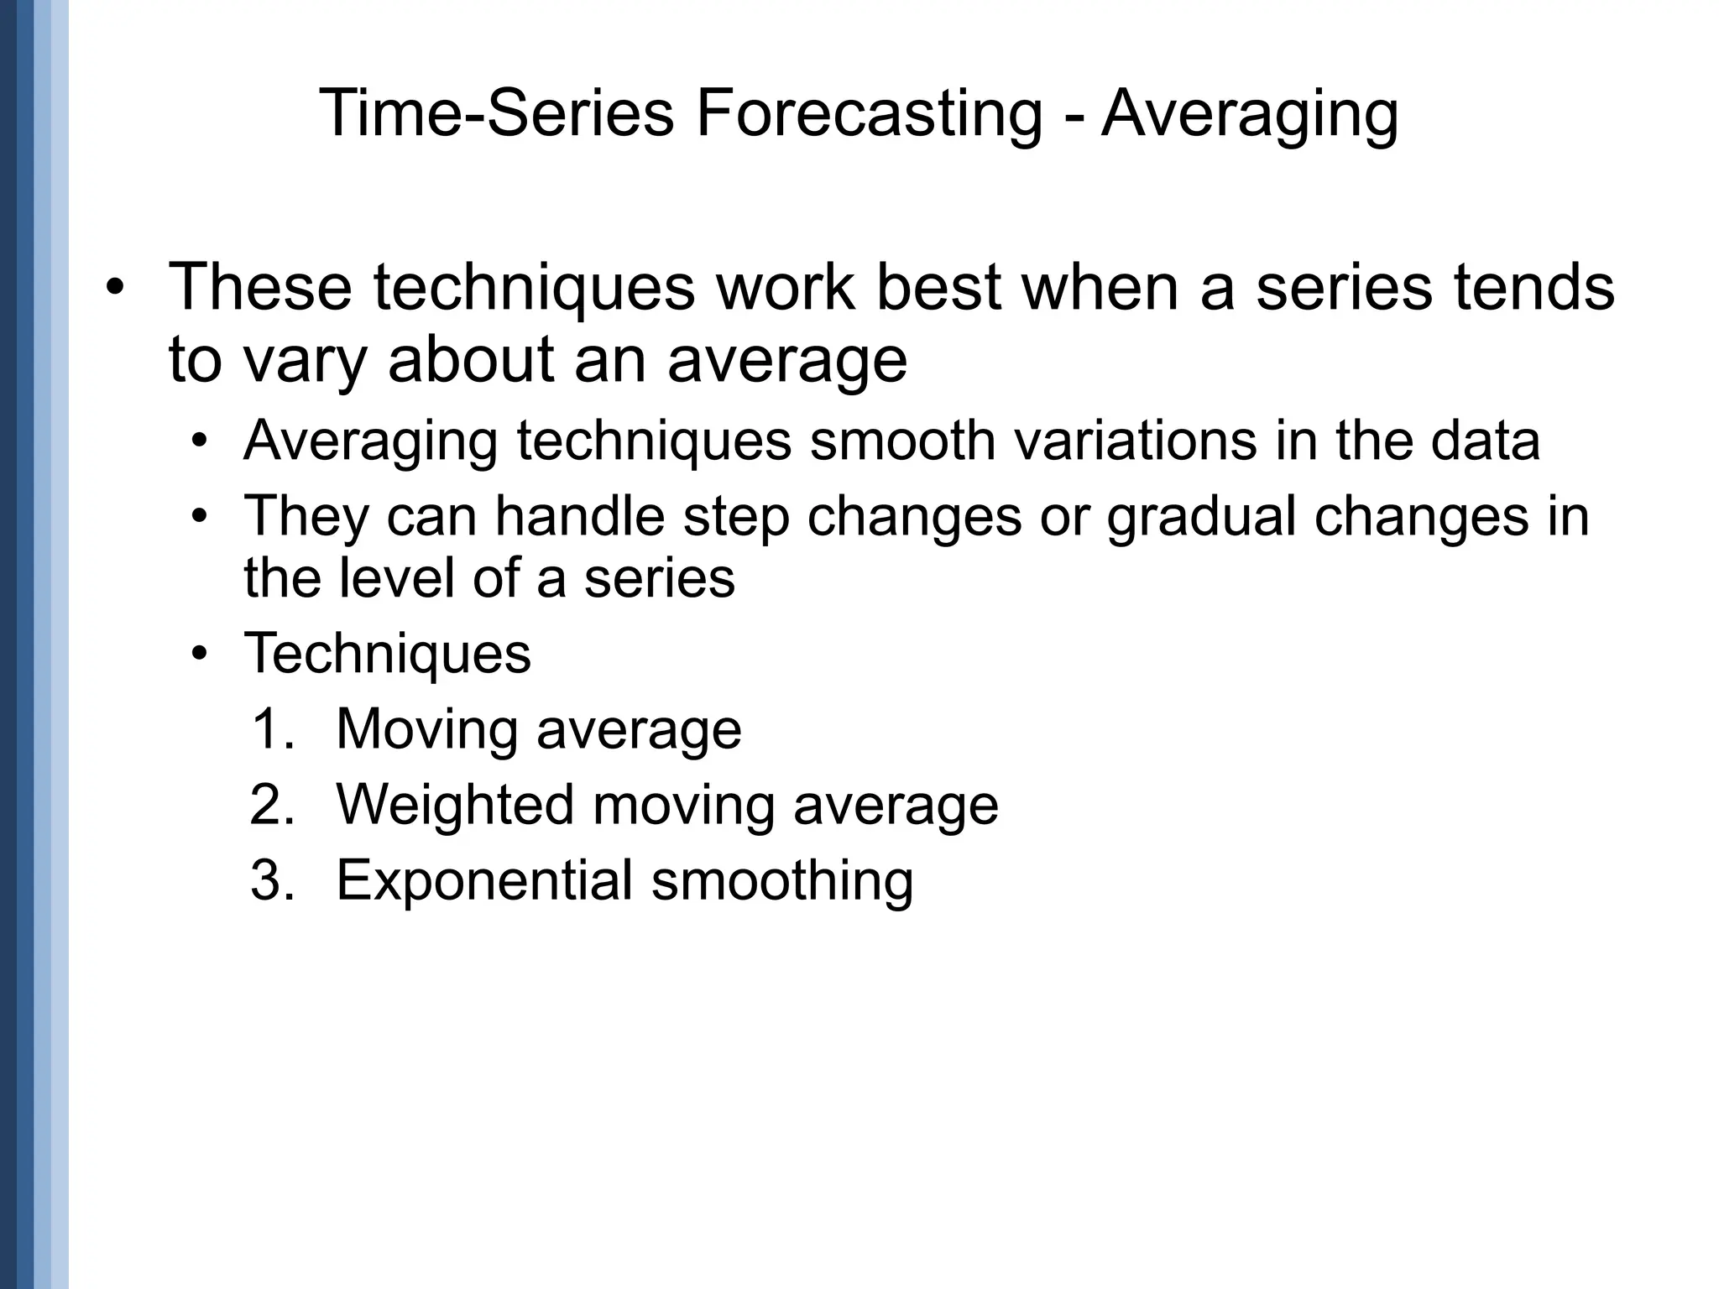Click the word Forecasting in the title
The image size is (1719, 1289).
coord(869,115)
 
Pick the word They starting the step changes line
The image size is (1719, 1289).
coord(306,516)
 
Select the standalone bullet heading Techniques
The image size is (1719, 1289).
coord(387,654)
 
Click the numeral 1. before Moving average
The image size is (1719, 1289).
coord(273,729)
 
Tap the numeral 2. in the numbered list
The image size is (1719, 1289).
coord(273,805)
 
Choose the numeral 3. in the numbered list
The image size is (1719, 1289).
coord(273,880)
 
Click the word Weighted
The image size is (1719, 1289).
coord(455,806)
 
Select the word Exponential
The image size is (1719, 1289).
coord(484,881)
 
